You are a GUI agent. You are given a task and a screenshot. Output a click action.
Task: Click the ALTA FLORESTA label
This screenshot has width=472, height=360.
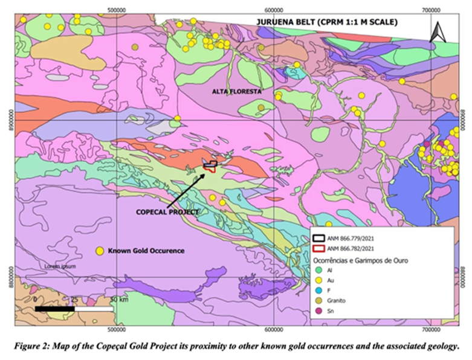click(236, 91)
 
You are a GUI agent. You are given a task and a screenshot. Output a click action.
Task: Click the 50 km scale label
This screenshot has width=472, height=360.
click(118, 300)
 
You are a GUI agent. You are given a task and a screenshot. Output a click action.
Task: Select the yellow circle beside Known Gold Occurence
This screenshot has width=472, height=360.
click(100, 250)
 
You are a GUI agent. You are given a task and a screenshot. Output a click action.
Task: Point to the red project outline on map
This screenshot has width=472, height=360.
click(210, 169)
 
